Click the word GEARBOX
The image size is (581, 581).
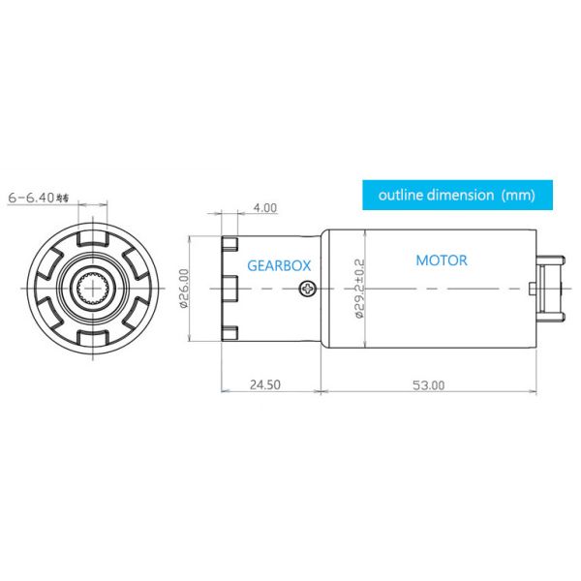(x=279, y=264)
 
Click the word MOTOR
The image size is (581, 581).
(x=442, y=260)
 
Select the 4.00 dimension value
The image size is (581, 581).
(x=264, y=207)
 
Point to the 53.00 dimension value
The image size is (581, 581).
(x=427, y=384)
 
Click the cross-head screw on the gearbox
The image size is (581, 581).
(x=308, y=288)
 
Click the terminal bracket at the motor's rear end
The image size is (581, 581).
(x=548, y=288)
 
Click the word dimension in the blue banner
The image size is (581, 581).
(x=462, y=195)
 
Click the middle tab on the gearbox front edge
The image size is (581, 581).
(x=229, y=288)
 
